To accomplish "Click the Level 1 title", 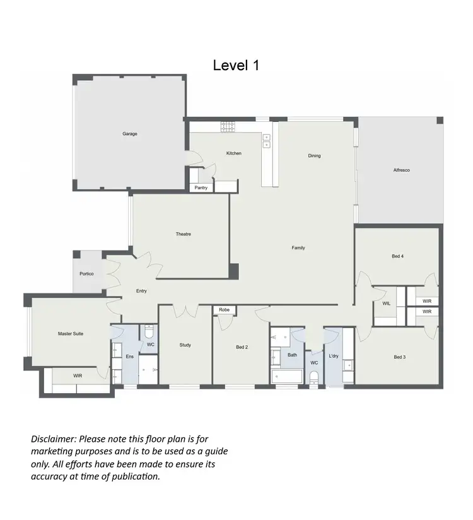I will [x=236, y=65].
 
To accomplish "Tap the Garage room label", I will [x=130, y=134].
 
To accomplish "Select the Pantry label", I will [x=201, y=187].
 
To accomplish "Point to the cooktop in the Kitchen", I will [x=228, y=127].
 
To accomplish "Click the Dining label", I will [x=314, y=156].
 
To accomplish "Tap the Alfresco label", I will [x=402, y=170].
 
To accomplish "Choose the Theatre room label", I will [x=183, y=234].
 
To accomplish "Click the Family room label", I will [x=298, y=248].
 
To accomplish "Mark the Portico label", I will [x=86, y=274].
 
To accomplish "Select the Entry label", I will [x=142, y=291].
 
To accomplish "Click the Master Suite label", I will [x=70, y=334].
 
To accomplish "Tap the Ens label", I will [x=130, y=357].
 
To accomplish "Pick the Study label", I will [x=185, y=345].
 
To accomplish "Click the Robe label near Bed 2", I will [x=225, y=310].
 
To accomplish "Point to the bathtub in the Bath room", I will [x=287, y=377].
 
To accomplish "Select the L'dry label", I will [x=333, y=357].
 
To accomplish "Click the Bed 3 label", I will [x=399, y=357].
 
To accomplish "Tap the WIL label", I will [x=387, y=304].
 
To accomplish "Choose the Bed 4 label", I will [x=397, y=256].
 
